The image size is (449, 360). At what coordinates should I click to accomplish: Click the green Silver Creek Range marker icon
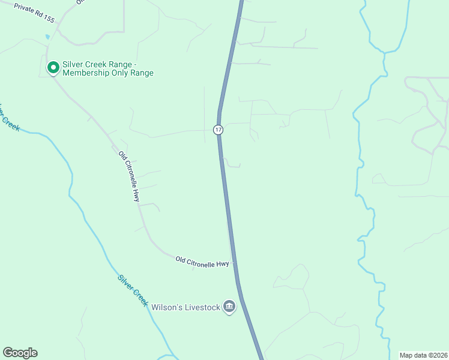coord(53,67)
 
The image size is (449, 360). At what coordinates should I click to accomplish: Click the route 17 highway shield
coord(218,130)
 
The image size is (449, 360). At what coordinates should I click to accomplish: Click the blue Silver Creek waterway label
coord(133,290)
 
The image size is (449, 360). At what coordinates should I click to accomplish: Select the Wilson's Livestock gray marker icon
coord(229,307)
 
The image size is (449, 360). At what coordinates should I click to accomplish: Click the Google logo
coord(20,353)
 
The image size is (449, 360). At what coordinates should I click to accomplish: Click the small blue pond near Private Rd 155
coord(47,37)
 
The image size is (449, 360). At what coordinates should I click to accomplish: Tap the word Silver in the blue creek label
coord(125,283)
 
